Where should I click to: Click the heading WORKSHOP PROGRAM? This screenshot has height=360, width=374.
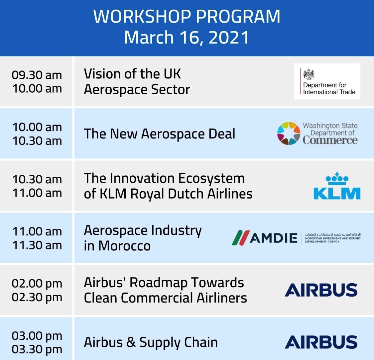point(187,17)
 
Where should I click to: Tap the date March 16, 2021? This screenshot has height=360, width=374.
point(187,37)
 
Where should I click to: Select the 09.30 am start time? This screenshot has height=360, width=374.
point(37,75)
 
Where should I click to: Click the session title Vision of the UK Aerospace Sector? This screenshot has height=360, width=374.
point(137,82)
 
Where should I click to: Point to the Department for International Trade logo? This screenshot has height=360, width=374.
point(327,81)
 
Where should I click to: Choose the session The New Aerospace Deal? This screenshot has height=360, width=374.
point(159,134)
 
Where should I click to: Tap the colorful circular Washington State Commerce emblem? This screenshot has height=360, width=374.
point(289,134)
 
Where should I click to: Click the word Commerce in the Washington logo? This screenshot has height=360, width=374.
point(330,140)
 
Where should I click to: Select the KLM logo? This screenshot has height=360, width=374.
point(337,186)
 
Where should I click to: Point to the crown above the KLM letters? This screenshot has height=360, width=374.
point(337,178)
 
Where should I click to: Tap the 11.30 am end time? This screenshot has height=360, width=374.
point(37,245)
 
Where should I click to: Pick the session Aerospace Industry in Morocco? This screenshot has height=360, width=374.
point(143,238)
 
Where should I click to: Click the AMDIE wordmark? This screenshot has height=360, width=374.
point(273,238)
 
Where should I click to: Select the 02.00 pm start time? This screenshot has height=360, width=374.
point(37,283)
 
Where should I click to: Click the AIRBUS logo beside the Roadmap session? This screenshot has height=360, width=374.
point(321,290)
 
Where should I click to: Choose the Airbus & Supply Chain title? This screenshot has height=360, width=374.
point(151,342)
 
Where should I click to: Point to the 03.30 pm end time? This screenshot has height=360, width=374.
point(37,349)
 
